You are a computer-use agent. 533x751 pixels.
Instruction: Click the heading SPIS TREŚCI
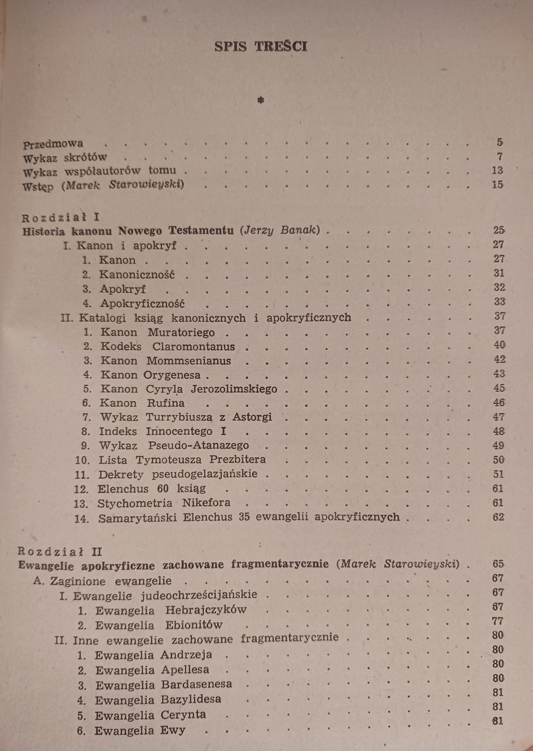(261, 46)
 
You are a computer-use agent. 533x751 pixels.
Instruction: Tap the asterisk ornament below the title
(261, 100)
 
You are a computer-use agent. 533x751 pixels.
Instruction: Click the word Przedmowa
(53, 143)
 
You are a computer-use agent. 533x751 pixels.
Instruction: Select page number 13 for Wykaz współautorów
(497, 170)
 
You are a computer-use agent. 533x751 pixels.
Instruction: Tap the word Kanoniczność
(137, 275)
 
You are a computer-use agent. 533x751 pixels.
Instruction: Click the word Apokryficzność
(142, 304)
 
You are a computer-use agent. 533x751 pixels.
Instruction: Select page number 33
(499, 302)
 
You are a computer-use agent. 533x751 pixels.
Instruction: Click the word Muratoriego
(181, 332)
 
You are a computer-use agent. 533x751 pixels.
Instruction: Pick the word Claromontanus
(194, 347)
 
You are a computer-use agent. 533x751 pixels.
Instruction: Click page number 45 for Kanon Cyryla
(499, 388)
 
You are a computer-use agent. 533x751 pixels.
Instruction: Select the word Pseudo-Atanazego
(198, 446)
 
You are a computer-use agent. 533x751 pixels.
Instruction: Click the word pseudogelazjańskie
(205, 474)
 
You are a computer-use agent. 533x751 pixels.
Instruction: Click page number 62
(498, 517)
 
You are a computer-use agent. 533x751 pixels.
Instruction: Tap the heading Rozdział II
(60, 552)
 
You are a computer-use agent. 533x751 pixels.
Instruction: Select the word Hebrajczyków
(205, 610)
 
